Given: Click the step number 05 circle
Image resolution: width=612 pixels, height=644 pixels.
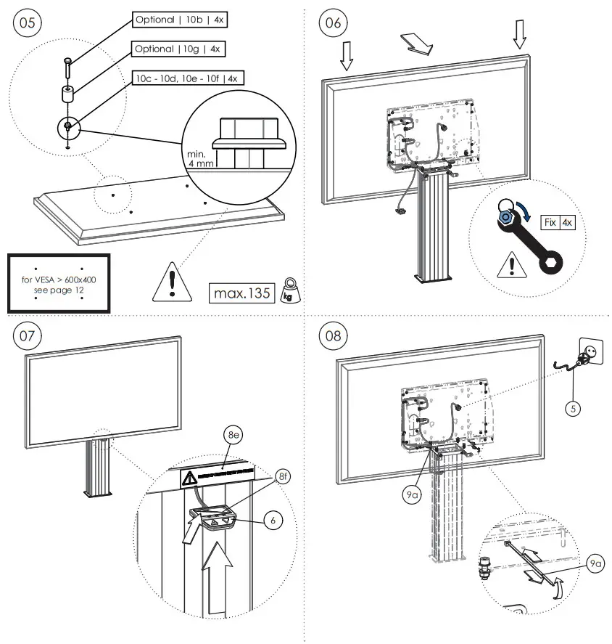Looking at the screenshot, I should [x=26, y=23].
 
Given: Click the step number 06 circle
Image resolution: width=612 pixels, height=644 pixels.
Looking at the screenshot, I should [x=332, y=23].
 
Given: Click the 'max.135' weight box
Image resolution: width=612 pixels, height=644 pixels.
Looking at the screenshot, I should [x=242, y=293].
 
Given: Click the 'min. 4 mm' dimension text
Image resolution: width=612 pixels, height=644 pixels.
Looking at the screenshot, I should [x=199, y=160].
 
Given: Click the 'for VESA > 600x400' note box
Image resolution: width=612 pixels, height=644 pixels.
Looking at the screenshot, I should [x=59, y=284].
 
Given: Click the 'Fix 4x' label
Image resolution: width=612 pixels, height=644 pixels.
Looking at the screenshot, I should [x=558, y=222].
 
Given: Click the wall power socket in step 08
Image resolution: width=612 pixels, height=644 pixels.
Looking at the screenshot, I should [x=590, y=351].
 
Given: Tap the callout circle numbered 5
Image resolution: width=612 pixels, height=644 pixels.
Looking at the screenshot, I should [x=573, y=409].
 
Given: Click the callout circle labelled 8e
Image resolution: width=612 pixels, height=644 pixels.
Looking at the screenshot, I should [x=233, y=436].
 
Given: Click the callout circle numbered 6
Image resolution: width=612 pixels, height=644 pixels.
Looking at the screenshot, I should [x=273, y=521].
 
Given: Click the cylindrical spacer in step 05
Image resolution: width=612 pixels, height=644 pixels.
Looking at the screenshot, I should [x=67, y=95].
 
